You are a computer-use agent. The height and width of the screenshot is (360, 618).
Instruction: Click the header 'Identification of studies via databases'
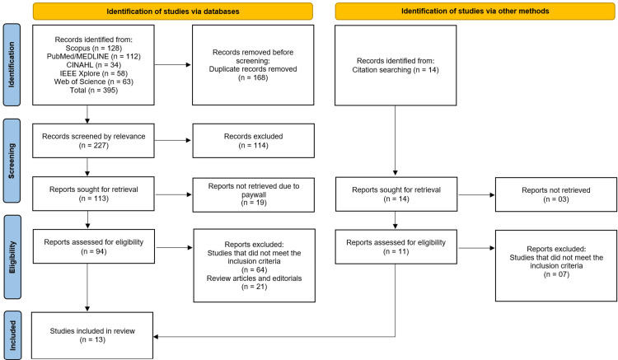point(173,12)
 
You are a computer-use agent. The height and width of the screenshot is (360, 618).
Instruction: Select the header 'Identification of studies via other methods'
point(475,11)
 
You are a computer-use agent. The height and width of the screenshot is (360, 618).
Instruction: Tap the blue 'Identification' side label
point(12,64)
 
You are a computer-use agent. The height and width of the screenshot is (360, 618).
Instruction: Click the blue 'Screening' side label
point(12,161)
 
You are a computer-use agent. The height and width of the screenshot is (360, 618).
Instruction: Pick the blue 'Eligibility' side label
point(12,257)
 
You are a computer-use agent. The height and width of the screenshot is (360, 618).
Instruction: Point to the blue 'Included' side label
point(12,335)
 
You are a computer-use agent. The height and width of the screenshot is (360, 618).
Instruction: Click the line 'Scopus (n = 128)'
point(94,48)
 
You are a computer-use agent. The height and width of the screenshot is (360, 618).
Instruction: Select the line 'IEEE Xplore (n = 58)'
point(94,73)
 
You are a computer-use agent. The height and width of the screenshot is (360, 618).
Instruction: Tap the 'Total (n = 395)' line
point(94,90)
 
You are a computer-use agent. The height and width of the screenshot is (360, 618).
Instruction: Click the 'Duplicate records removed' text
point(253,69)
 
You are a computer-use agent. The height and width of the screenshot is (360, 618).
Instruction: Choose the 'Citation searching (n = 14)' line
point(396,70)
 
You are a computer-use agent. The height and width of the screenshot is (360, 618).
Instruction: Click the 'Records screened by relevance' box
point(93,141)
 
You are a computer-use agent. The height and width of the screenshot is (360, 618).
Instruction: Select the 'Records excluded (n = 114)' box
point(254,141)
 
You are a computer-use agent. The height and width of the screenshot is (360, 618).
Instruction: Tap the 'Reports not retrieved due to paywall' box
point(254,194)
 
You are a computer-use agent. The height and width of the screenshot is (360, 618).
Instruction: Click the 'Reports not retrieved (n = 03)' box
point(556,194)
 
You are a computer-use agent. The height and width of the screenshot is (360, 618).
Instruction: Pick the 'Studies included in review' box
point(92,335)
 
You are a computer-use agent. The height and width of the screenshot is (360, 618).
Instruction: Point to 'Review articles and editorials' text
point(255,278)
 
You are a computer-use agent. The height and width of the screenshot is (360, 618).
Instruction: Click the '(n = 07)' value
point(556,274)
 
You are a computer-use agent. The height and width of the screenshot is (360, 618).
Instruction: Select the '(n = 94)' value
point(94,251)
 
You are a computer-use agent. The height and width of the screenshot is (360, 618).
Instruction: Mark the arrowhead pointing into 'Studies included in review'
point(156,337)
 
